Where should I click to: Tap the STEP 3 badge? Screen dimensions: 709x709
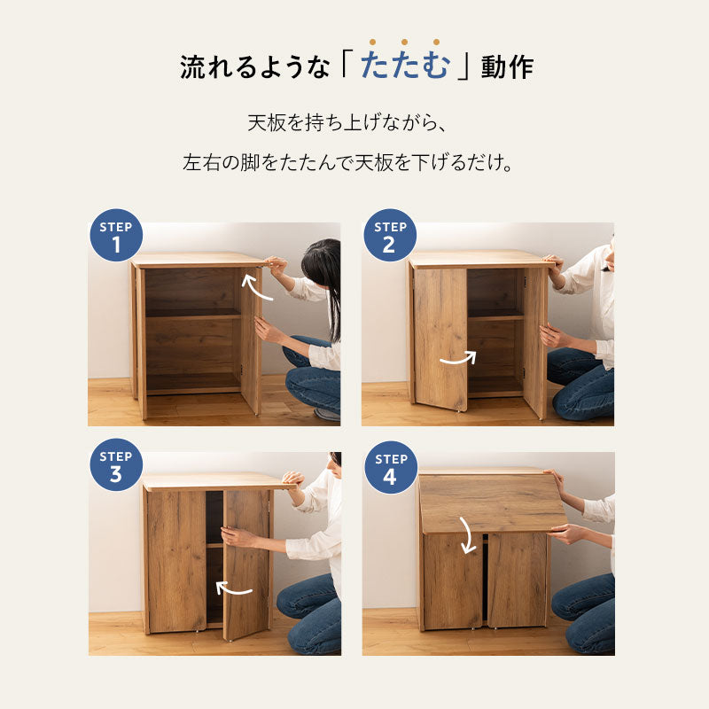(116, 465)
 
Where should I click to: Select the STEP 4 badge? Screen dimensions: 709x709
(390, 467)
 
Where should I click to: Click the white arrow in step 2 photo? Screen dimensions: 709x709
(457, 359)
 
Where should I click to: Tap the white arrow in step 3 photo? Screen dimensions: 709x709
(234, 588)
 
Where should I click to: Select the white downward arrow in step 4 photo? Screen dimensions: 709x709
(465, 534)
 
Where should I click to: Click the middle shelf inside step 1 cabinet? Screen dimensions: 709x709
(192, 313)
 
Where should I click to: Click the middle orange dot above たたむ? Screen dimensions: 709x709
(404, 42)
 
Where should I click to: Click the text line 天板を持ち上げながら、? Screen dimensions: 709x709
(354, 122)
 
